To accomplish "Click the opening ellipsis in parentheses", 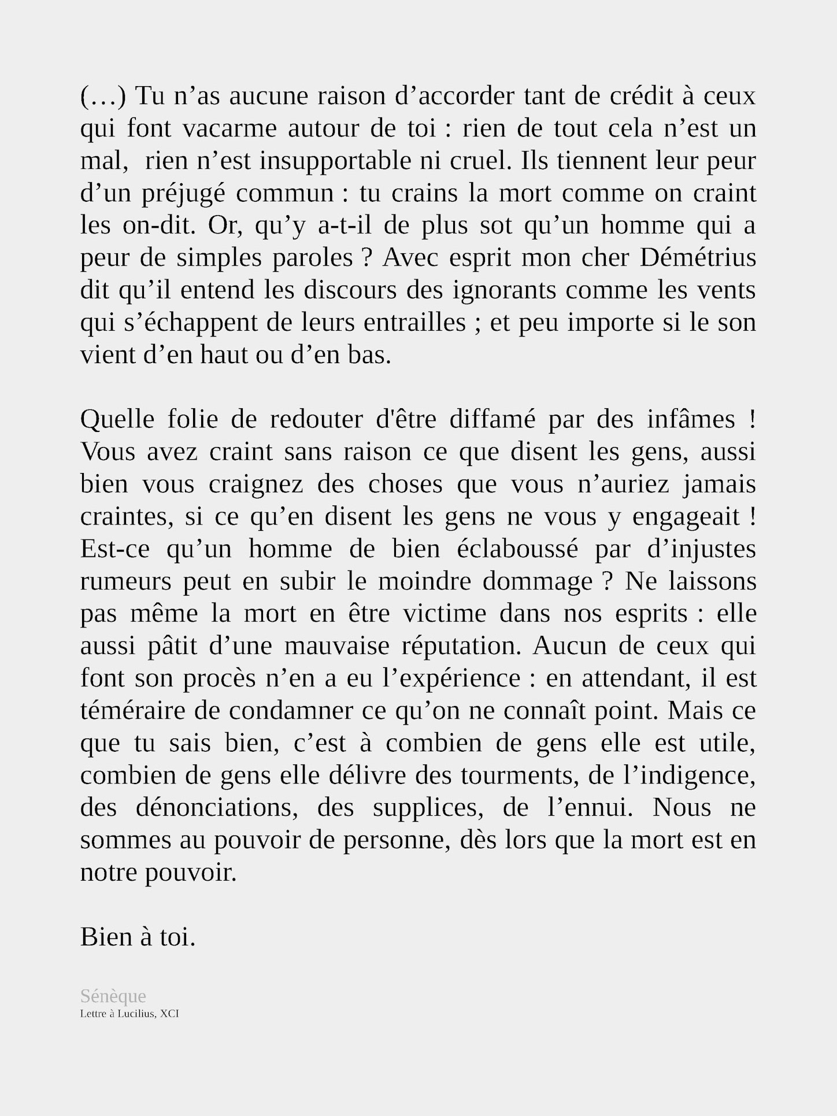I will point(103,96).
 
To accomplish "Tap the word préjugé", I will point(183,193).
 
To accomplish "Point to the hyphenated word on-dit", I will point(157,225).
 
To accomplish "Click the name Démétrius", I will point(698,257).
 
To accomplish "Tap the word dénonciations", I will point(217,807).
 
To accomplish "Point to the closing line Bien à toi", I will point(138,937).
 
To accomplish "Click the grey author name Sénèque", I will point(113,996).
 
